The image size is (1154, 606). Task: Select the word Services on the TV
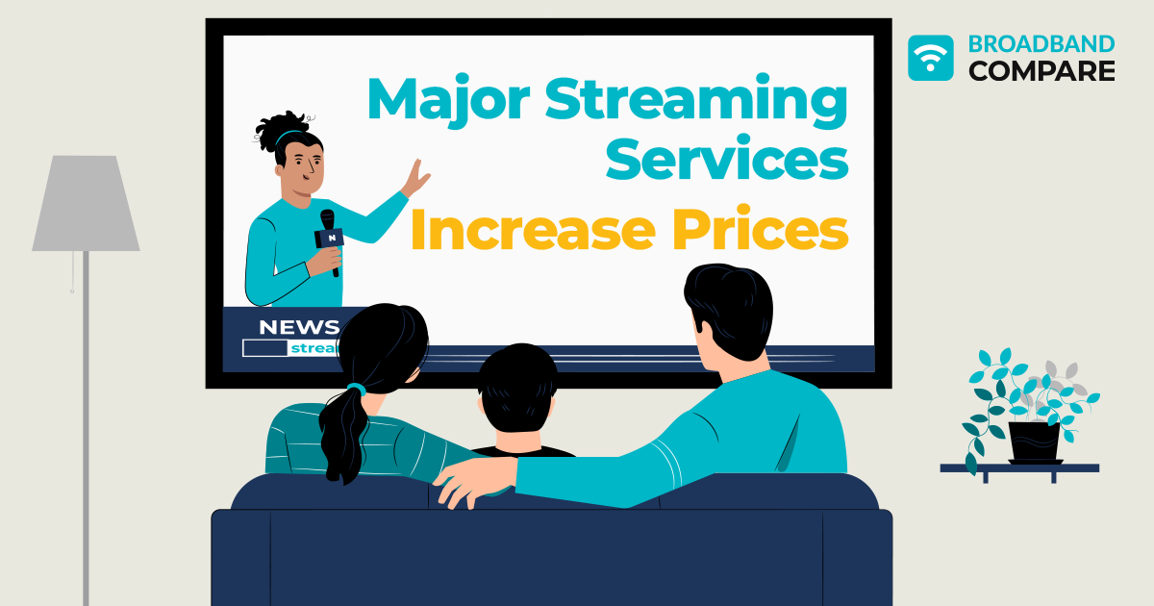726,159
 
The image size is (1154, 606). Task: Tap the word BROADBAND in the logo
1041,44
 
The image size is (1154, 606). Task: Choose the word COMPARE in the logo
1041,70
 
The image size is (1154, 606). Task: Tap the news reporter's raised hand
416,179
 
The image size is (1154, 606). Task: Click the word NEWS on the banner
299,326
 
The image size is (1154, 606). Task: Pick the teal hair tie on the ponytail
356,390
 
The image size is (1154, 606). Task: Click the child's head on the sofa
517,390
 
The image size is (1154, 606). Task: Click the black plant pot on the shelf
1034,441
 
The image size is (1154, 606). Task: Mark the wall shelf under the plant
1019,468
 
